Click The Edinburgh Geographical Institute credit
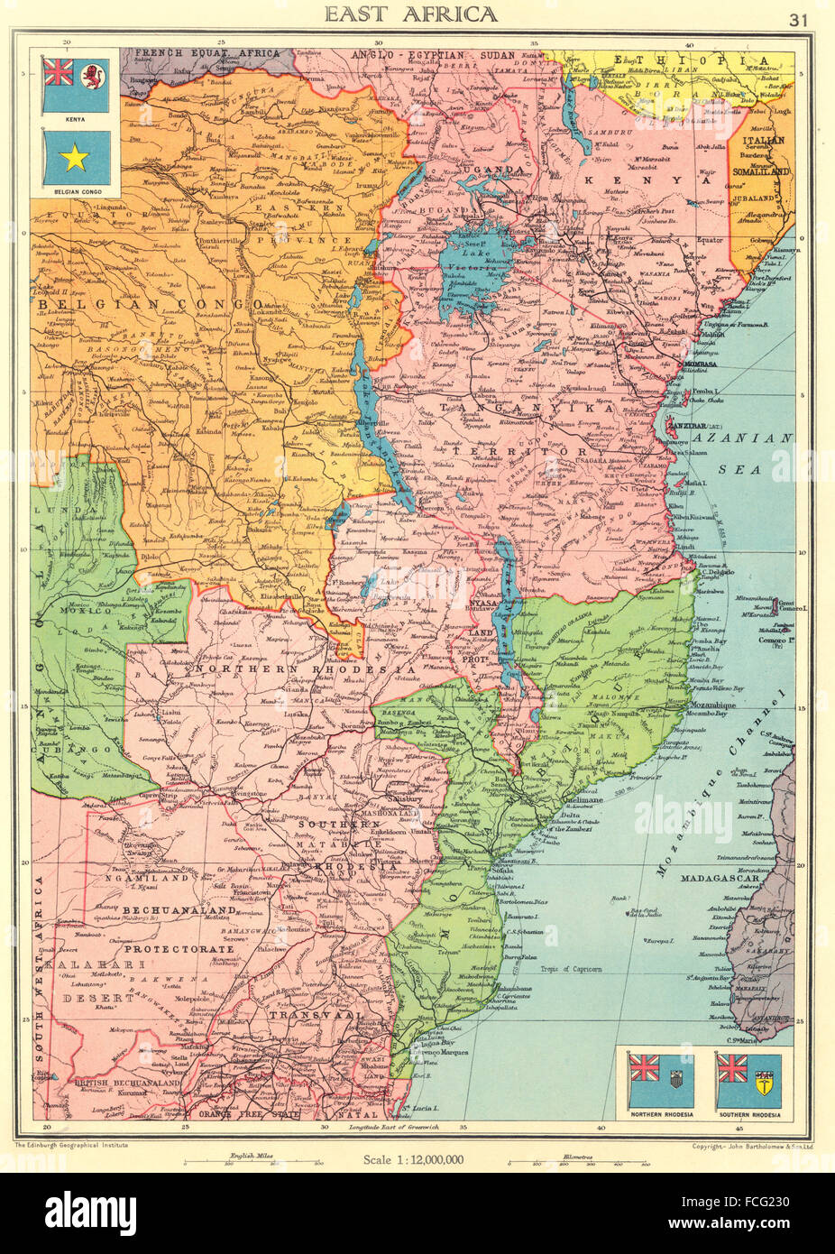pos(73,1144)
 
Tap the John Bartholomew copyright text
pos(745,1144)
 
